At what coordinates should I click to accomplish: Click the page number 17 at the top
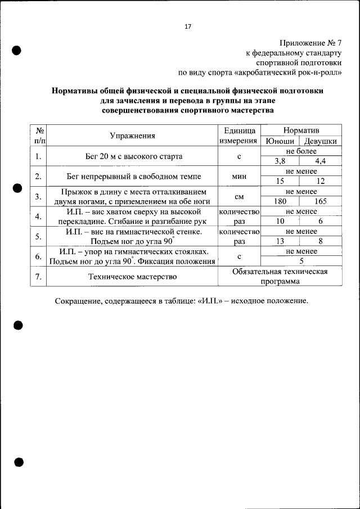pos(188,26)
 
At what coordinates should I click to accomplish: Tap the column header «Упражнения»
pos(133,136)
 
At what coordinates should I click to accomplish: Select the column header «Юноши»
pos(278,141)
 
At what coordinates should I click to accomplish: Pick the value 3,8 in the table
pos(280,161)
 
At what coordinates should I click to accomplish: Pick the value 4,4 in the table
pos(321,161)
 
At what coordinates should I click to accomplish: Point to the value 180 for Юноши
pos(280,201)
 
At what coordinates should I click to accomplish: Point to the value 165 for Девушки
pos(321,201)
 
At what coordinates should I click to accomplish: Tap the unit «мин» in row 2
pos(239,176)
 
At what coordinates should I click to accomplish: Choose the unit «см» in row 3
pos(239,197)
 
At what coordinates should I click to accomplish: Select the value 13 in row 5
pos(280,241)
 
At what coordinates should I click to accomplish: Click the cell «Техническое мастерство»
pos(133,277)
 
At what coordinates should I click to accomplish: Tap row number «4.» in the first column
pos(38,217)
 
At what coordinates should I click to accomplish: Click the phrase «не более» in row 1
pos(301,151)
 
